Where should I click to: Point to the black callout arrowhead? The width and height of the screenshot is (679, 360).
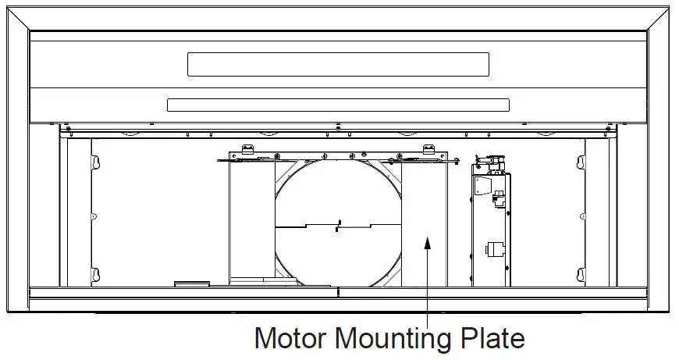[428, 243]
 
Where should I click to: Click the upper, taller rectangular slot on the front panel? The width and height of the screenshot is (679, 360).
[338, 65]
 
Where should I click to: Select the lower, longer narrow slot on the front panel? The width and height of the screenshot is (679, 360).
[338, 105]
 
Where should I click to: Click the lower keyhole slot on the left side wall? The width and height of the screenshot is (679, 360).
[96, 275]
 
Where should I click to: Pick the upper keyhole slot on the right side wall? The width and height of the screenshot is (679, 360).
[581, 162]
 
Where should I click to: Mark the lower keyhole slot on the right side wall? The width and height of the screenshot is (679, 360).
[581, 275]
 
